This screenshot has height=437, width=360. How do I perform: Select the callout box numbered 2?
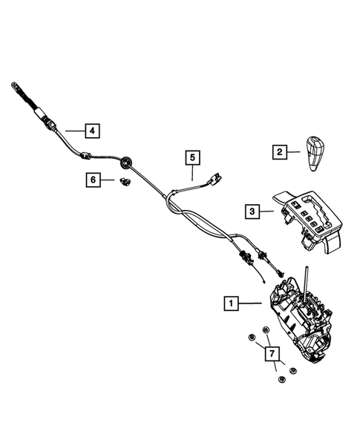click(279, 153)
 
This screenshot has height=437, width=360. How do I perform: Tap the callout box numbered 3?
click(252, 211)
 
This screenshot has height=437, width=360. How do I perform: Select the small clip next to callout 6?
click(123, 182)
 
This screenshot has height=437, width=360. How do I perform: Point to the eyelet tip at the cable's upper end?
click(13, 87)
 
